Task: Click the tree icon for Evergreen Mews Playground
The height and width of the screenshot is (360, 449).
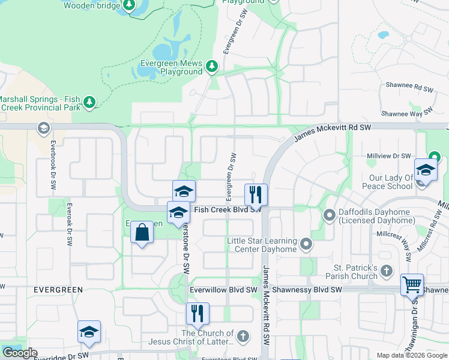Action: [x=211, y=67]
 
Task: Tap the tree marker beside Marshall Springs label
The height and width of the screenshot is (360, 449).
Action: [x=89, y=103]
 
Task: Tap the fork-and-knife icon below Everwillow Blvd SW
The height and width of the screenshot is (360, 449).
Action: [x=196, y=313]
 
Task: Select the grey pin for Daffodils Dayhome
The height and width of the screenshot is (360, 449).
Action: [x=329, y=214]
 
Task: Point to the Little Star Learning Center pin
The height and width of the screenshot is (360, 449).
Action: [x=306, y=244]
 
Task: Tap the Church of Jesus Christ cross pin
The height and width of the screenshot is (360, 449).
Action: [x=243, y=335]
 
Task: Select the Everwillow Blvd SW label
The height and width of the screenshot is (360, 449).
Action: [x=223, y=289]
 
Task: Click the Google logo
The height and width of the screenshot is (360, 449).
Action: [x=20, y=353]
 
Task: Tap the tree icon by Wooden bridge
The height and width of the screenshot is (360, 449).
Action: [x=128, y=6]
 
